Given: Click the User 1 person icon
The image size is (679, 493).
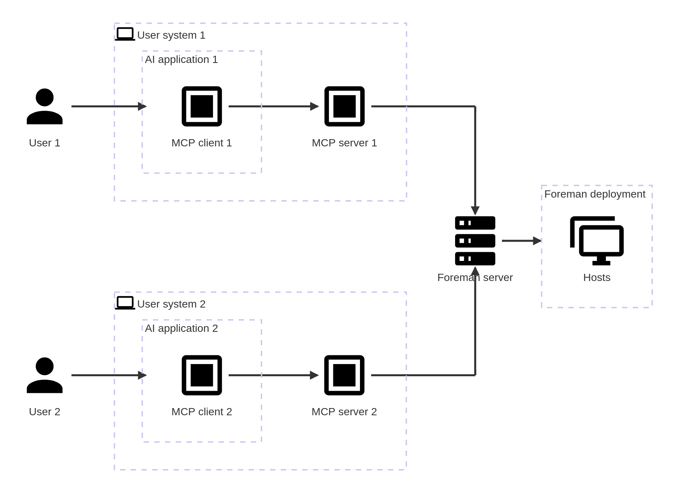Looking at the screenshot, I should point(44,107).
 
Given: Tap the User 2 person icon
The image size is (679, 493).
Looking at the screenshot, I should point(44,375).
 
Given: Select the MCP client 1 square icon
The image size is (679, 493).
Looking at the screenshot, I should point(202,107).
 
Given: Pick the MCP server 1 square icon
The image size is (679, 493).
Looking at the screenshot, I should point(344,107).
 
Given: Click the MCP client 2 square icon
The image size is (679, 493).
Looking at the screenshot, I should point(202,375).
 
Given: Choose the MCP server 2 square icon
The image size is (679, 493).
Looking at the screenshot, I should point(344,375).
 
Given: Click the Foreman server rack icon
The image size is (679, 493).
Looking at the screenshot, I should point(475,241).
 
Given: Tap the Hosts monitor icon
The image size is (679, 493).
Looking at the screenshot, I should point(597,240).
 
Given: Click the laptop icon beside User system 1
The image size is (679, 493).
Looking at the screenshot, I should point(125,34).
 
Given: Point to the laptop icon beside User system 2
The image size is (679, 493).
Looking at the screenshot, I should point(125,303).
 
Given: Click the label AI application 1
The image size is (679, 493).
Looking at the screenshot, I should point(181,60).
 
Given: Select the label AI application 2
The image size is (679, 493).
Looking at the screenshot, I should point(181,328).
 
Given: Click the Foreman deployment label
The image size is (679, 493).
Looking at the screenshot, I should point(595,194).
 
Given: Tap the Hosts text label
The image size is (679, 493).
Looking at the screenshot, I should point(597,278).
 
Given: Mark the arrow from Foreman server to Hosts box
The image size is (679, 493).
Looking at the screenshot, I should point(521,241).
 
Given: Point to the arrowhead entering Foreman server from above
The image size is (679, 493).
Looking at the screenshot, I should point(475,210).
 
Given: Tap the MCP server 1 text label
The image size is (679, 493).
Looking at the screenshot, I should point(344,143).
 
